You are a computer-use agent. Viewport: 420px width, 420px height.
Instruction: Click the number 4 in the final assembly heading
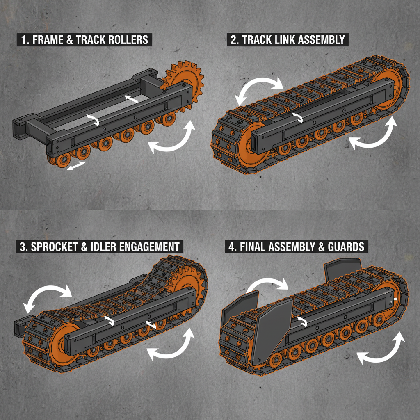pos(231,247)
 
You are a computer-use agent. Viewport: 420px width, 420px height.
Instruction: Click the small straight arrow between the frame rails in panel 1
pos(131,98)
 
